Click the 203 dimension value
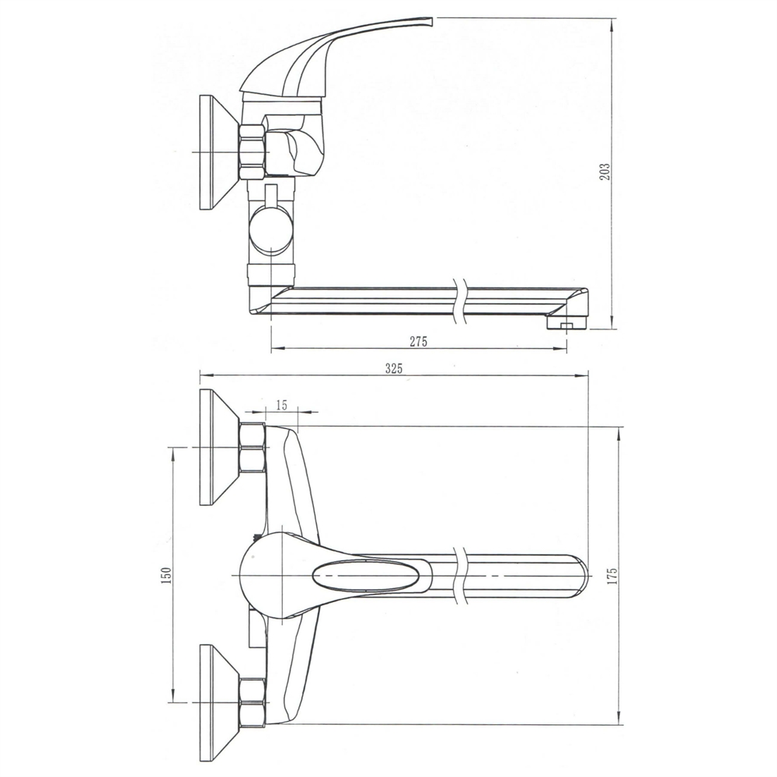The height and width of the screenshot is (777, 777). pyautogui.click(x=605, y=171)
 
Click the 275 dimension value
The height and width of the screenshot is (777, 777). pyautogui.click(x=418, y=341)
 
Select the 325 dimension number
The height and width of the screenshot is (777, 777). pyautogui.click(x=394, y=368)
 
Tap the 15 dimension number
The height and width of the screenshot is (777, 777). pyautogui.click(x=281, y=405)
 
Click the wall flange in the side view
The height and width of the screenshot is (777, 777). pyautogui.click(x=218, y=152)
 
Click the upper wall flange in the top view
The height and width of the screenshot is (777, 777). pyautogui.click(x=218, y=447)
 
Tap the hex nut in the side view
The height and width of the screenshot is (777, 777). pyautogui.click(x=252, y=152)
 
